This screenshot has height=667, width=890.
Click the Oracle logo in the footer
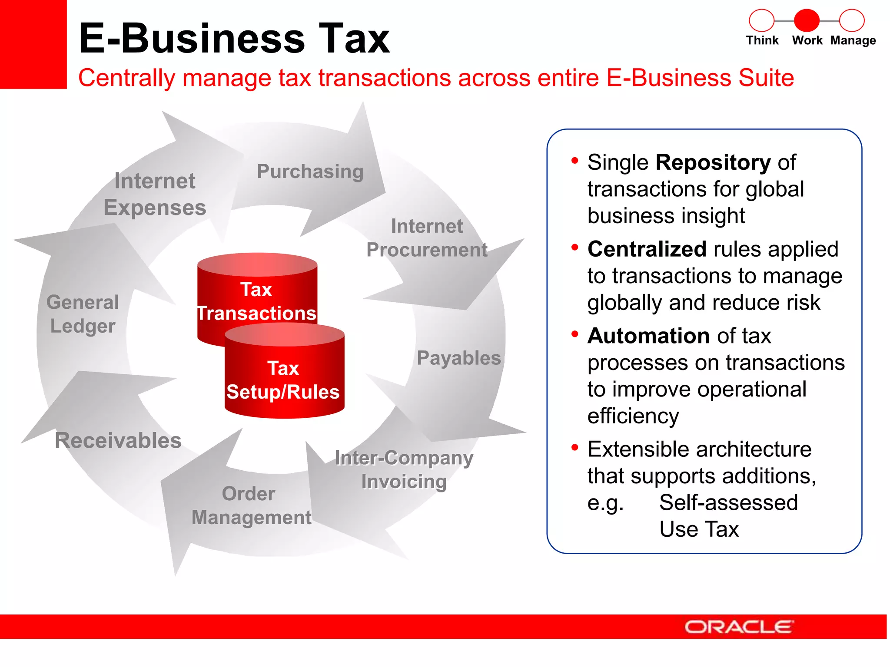pyautogui.click(x=739, y=627)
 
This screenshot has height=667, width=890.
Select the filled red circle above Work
pyautogui.click(x=807, y=20)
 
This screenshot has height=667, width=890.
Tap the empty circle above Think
pyautogui.click(x=761, y=20)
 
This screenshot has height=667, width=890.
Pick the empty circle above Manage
pyautogui.click(x=852, y=20)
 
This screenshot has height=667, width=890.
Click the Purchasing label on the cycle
pyautogui.click(x=310, y=172)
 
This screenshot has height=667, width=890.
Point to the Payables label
pyautogui.click(x=458, y=358)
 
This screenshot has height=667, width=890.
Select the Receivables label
pyautogui.click(x=118, y=440)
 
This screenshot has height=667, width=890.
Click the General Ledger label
pyautogui.click(x=83, y=314)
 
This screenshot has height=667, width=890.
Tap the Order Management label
pyautogui.click(x=251, y=505)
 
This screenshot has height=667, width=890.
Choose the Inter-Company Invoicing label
pyautogui.click(x=404, y=470)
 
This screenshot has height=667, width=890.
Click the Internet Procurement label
pyautogui.click(x=427, y=238)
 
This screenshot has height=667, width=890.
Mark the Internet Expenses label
pyautogui.click(x=155, y=194)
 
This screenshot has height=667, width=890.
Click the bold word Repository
pyautogui.click(x=713, y=162)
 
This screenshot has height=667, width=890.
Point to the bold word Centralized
pyautogui.click(x=647, y=249)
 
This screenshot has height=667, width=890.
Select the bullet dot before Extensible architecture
pyautogui.click(x=575, y=447)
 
